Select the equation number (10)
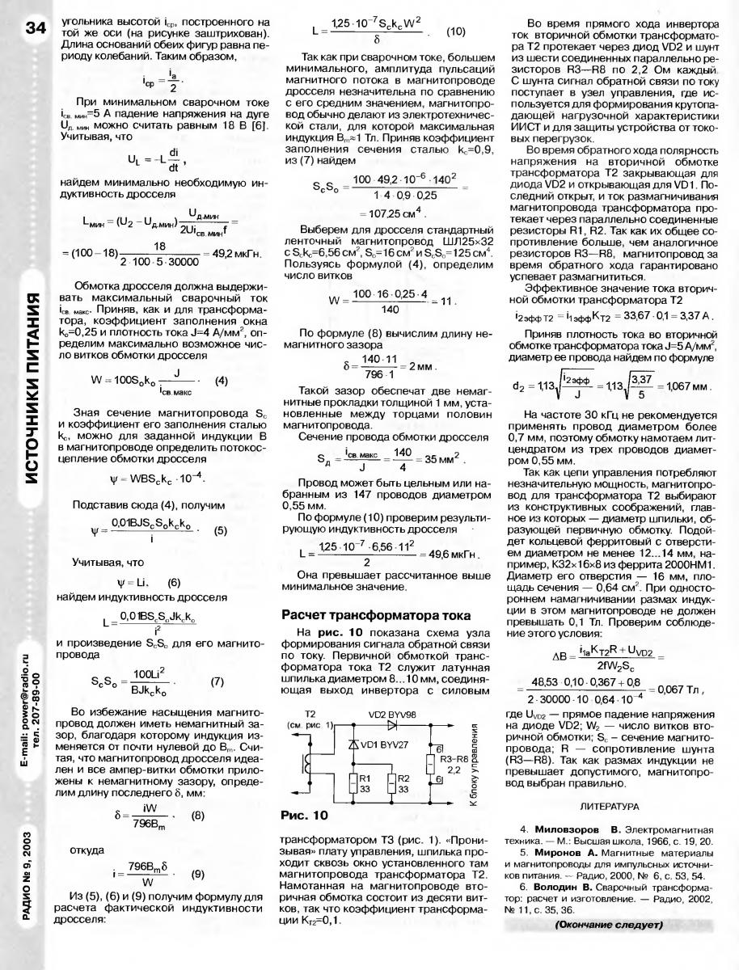pos(455,32)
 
